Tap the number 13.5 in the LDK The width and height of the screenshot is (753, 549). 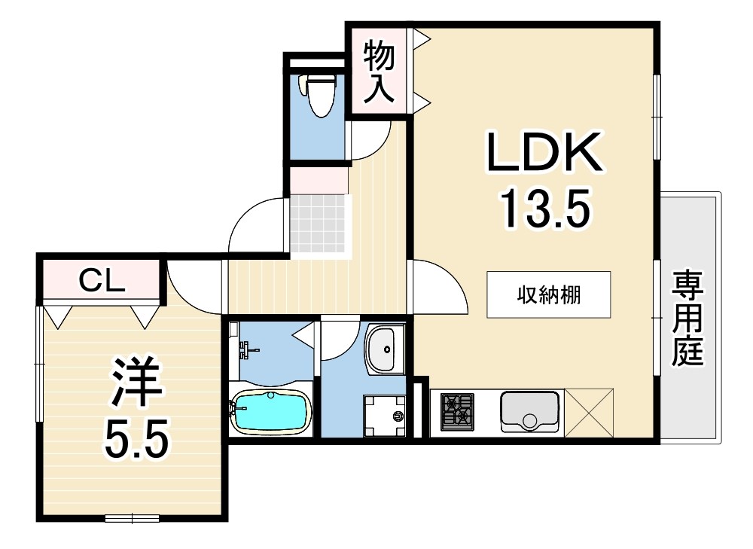coord(544,208)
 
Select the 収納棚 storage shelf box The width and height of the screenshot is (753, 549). coord(548,294)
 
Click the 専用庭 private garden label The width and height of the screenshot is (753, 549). coord(687,318)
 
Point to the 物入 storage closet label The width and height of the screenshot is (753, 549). coord(379,72)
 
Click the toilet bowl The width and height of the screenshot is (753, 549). coord(318,95)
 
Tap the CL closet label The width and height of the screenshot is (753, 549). coord(102,281)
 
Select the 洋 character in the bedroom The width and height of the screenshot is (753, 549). coord(136,382)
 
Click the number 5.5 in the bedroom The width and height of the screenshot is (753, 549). coord(136,438)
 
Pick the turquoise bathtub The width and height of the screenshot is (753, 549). coord(271,410)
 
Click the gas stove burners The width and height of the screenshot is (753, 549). coord(457,412)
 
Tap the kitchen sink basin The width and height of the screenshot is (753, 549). coord(530,412)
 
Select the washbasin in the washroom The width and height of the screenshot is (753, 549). coord(385,349)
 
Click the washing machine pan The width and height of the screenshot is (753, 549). coord(384,416)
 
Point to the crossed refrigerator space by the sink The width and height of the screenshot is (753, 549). coord(589,413)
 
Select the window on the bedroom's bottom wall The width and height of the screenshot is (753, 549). coord(132,518)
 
